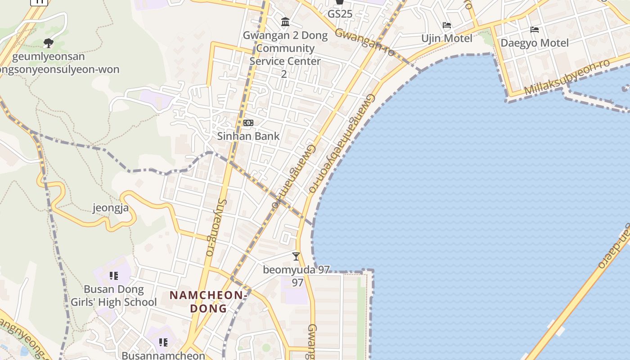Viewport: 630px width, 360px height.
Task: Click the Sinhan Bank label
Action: [248, 136]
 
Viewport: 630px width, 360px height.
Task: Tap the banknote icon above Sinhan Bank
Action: [248, 123]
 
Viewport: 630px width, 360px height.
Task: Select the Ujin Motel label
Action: [447, 38]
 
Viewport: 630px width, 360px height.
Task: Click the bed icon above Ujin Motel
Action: [447, 25]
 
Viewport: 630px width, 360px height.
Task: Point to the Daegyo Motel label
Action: [535, 43]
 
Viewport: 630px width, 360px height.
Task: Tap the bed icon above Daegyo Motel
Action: [535, 30]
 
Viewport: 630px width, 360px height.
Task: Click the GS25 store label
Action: [340, 13]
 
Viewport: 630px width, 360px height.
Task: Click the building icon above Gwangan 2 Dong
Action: [285, 22]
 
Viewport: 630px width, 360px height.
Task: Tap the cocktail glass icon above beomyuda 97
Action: [296, 256]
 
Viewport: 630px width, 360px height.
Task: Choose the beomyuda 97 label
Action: [297, 270]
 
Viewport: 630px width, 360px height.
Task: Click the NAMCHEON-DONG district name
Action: [209, 301]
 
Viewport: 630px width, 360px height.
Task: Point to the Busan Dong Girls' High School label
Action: [114, 296]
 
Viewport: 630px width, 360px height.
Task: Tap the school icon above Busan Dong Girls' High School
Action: [114, 275]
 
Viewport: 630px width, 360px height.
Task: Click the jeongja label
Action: [111, 208]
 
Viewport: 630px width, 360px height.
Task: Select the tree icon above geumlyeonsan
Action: [49, 43]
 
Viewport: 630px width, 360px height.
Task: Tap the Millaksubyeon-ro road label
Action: [567, 77]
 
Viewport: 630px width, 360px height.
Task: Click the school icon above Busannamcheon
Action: [163, 342]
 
